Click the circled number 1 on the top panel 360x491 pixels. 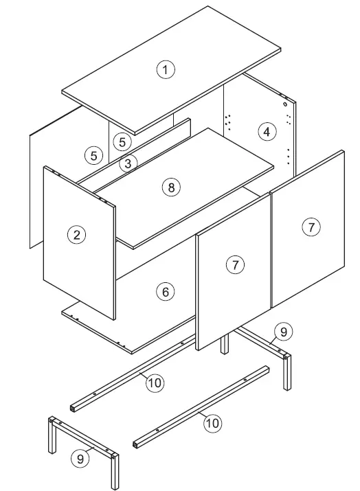[165, 69]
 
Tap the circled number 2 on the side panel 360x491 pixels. [76, 235]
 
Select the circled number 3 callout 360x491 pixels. [127, 163]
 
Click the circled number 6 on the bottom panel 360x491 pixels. [165, 292]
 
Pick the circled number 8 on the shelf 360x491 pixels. [172, 187]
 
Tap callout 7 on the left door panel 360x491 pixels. [235, 264]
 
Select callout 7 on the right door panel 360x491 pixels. [311, 227]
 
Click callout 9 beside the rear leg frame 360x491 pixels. [284, 332]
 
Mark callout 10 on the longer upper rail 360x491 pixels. [155, 382]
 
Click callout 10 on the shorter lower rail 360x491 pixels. [212, 423]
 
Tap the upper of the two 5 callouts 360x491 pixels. [121, 142]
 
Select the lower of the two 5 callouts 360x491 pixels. [93, 155]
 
